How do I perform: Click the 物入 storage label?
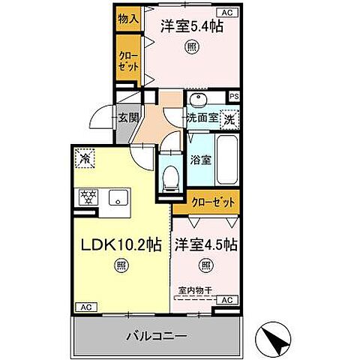128,18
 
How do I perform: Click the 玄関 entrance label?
127,117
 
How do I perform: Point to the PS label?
234,96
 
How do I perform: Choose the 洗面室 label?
202,117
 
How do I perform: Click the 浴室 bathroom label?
199,159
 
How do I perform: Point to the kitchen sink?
117,197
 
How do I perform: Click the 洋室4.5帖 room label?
206,244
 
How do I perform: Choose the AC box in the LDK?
85,307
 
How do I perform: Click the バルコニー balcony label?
155,335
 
